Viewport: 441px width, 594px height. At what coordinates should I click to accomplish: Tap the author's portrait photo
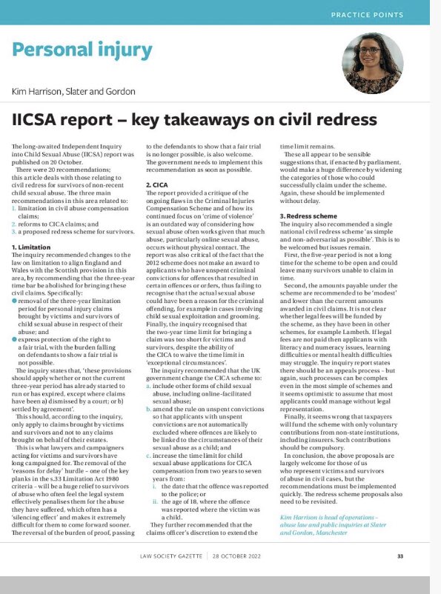(x=374, y=63)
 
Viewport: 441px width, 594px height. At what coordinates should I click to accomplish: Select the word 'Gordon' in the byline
(x=119, y=91)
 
